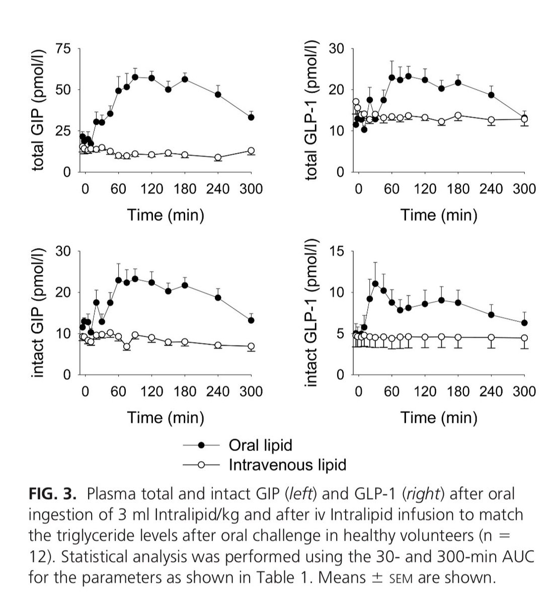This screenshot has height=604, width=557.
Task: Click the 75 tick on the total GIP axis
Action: pyautogui.click(x=65, y=49)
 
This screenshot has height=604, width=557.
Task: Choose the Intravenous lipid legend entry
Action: pyautogui.click(x=287, y=464)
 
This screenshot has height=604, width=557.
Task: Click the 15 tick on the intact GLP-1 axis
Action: pyautogui.click(x=337, y=252)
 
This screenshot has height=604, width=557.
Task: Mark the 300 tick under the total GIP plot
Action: pyautogui.click(x=251, y=189)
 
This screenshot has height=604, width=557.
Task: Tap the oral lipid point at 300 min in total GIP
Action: pyautogui.click(x=251, y=117)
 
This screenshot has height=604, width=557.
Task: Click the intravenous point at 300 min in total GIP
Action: pyautogui.click(x=251, y=151)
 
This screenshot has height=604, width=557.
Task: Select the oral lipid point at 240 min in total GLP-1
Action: pyautogui.click(x=491, y=95)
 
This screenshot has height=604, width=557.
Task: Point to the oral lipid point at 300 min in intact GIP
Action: pyautogui.click(x=251, y=320)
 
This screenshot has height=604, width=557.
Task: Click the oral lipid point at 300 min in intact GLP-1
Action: pyautogui.click(x=524, y=323)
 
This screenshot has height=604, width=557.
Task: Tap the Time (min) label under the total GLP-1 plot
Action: pyautogui.click(x=439, y=215)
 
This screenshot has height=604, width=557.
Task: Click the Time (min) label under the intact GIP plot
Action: pyautogui.click(x=166, y=417)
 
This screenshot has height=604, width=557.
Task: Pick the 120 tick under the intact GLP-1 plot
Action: pyautogui.click(x=425, y=391)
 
